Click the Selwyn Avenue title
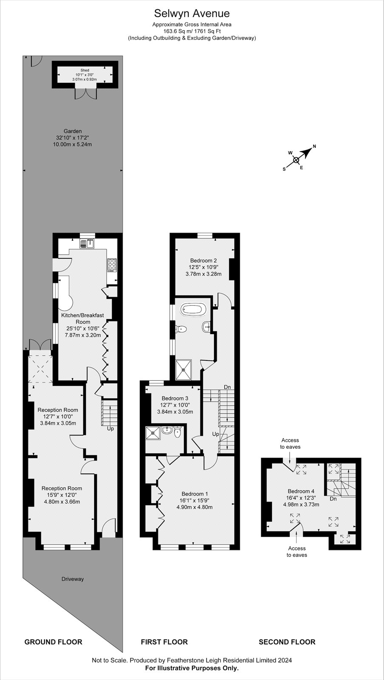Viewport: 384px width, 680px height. pyautogui.click(x=192, y=13)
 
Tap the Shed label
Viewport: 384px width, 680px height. pyautogui.click(x=85, y=70)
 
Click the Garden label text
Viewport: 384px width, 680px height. pyautogui.click(x=73, y=131)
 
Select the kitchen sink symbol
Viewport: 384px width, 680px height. pyautogui.click(x=88, y=244)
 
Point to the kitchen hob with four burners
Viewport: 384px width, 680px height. pyautogui.click(x=112, y=264)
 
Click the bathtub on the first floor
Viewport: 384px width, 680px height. pyautogui.click(x=194, y=310)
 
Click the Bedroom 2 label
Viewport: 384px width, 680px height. pyautogui.click(x=203, y=261)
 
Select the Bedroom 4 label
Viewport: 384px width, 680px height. pyautogui.click(x=301, y=491)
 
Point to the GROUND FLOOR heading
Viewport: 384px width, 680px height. pyautogui.click(x=54, y=642)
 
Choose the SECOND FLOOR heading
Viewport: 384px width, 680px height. pyautogui.click(x=287, y=642)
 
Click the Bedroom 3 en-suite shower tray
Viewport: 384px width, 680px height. pyautogui.click(x=153, y=433)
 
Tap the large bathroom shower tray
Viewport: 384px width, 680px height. pyautogui.click(x=184, y=369)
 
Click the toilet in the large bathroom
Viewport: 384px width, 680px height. pyautogui.click(x=181, y=329)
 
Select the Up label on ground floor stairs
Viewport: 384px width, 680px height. pyautogui.click(x=110, y=429)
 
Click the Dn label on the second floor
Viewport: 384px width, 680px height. pyautogui.click(x=333, y=499)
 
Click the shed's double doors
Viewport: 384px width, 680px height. pyautogui.click(x=86, y=94)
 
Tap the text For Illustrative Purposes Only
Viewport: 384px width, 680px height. pyautogui.click(x=192, y=668)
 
